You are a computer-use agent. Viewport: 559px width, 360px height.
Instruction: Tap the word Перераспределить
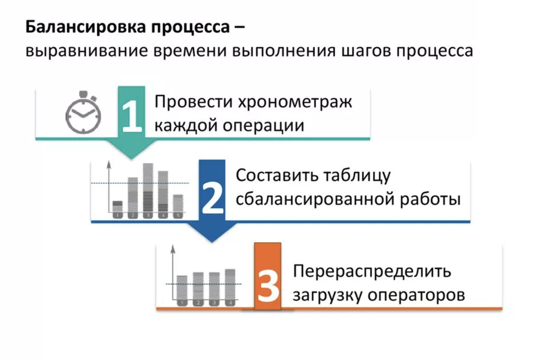pyautogui.click(x=372, y=271)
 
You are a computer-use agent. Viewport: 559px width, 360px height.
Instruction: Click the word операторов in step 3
pyautogui.click(x=416, y=295)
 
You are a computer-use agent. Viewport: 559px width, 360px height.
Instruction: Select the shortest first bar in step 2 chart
pyautogui.click(x=118, y=209)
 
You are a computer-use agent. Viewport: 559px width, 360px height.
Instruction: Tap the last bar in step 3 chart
pyautogui.click(x=230, y=286)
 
